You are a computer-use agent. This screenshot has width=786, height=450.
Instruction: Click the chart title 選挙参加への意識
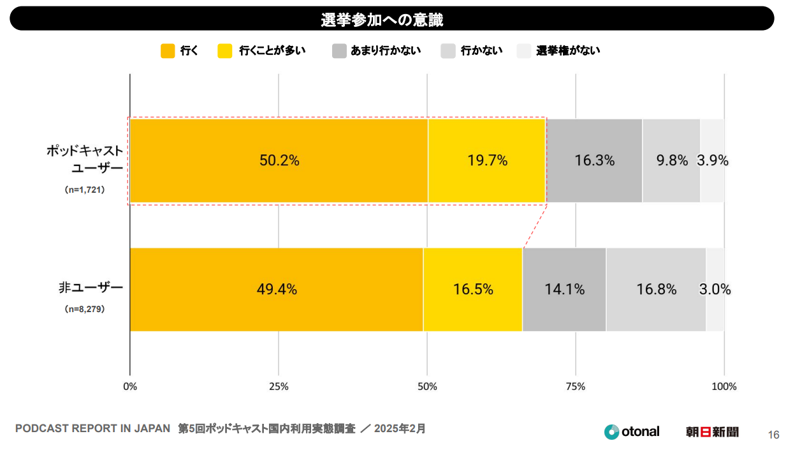point(382,20)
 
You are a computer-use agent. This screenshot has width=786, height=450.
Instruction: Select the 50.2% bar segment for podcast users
point(279,161)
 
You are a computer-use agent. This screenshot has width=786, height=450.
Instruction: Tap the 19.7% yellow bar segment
point(487,161)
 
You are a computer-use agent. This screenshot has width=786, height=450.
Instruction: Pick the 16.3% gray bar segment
point(594,161)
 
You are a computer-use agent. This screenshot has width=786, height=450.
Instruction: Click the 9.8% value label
point(672,161)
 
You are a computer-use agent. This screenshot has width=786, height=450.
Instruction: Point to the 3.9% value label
point(713,161)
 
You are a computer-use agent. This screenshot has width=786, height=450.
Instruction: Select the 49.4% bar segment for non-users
point(277,289)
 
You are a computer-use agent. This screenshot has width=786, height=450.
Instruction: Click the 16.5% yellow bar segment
point(473,289)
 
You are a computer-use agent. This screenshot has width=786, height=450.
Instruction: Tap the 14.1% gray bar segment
point(564,289)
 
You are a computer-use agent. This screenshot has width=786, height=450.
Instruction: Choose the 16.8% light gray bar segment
point(656,289)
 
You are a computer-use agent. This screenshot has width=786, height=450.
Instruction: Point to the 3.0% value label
point(715,289)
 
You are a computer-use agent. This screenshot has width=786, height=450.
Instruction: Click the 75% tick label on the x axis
point(576,386)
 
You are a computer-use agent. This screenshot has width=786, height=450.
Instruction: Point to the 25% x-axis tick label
point(279,386)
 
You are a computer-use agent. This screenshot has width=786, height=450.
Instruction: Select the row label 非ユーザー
point(90,288)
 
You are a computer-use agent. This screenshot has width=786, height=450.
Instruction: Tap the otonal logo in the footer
point(632,431)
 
